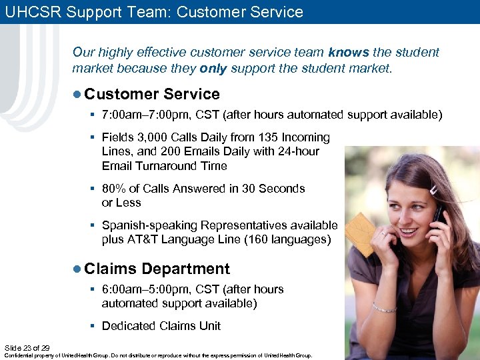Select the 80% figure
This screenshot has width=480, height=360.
pyautogui.click(x=114, y=189)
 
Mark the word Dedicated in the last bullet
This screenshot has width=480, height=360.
pyautogui.click(x=129, y=326)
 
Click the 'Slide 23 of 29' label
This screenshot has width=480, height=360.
pyautogui.click(x=27, y=347)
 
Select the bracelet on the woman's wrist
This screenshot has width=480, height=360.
pyautogui.click(x=385, y=307)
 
